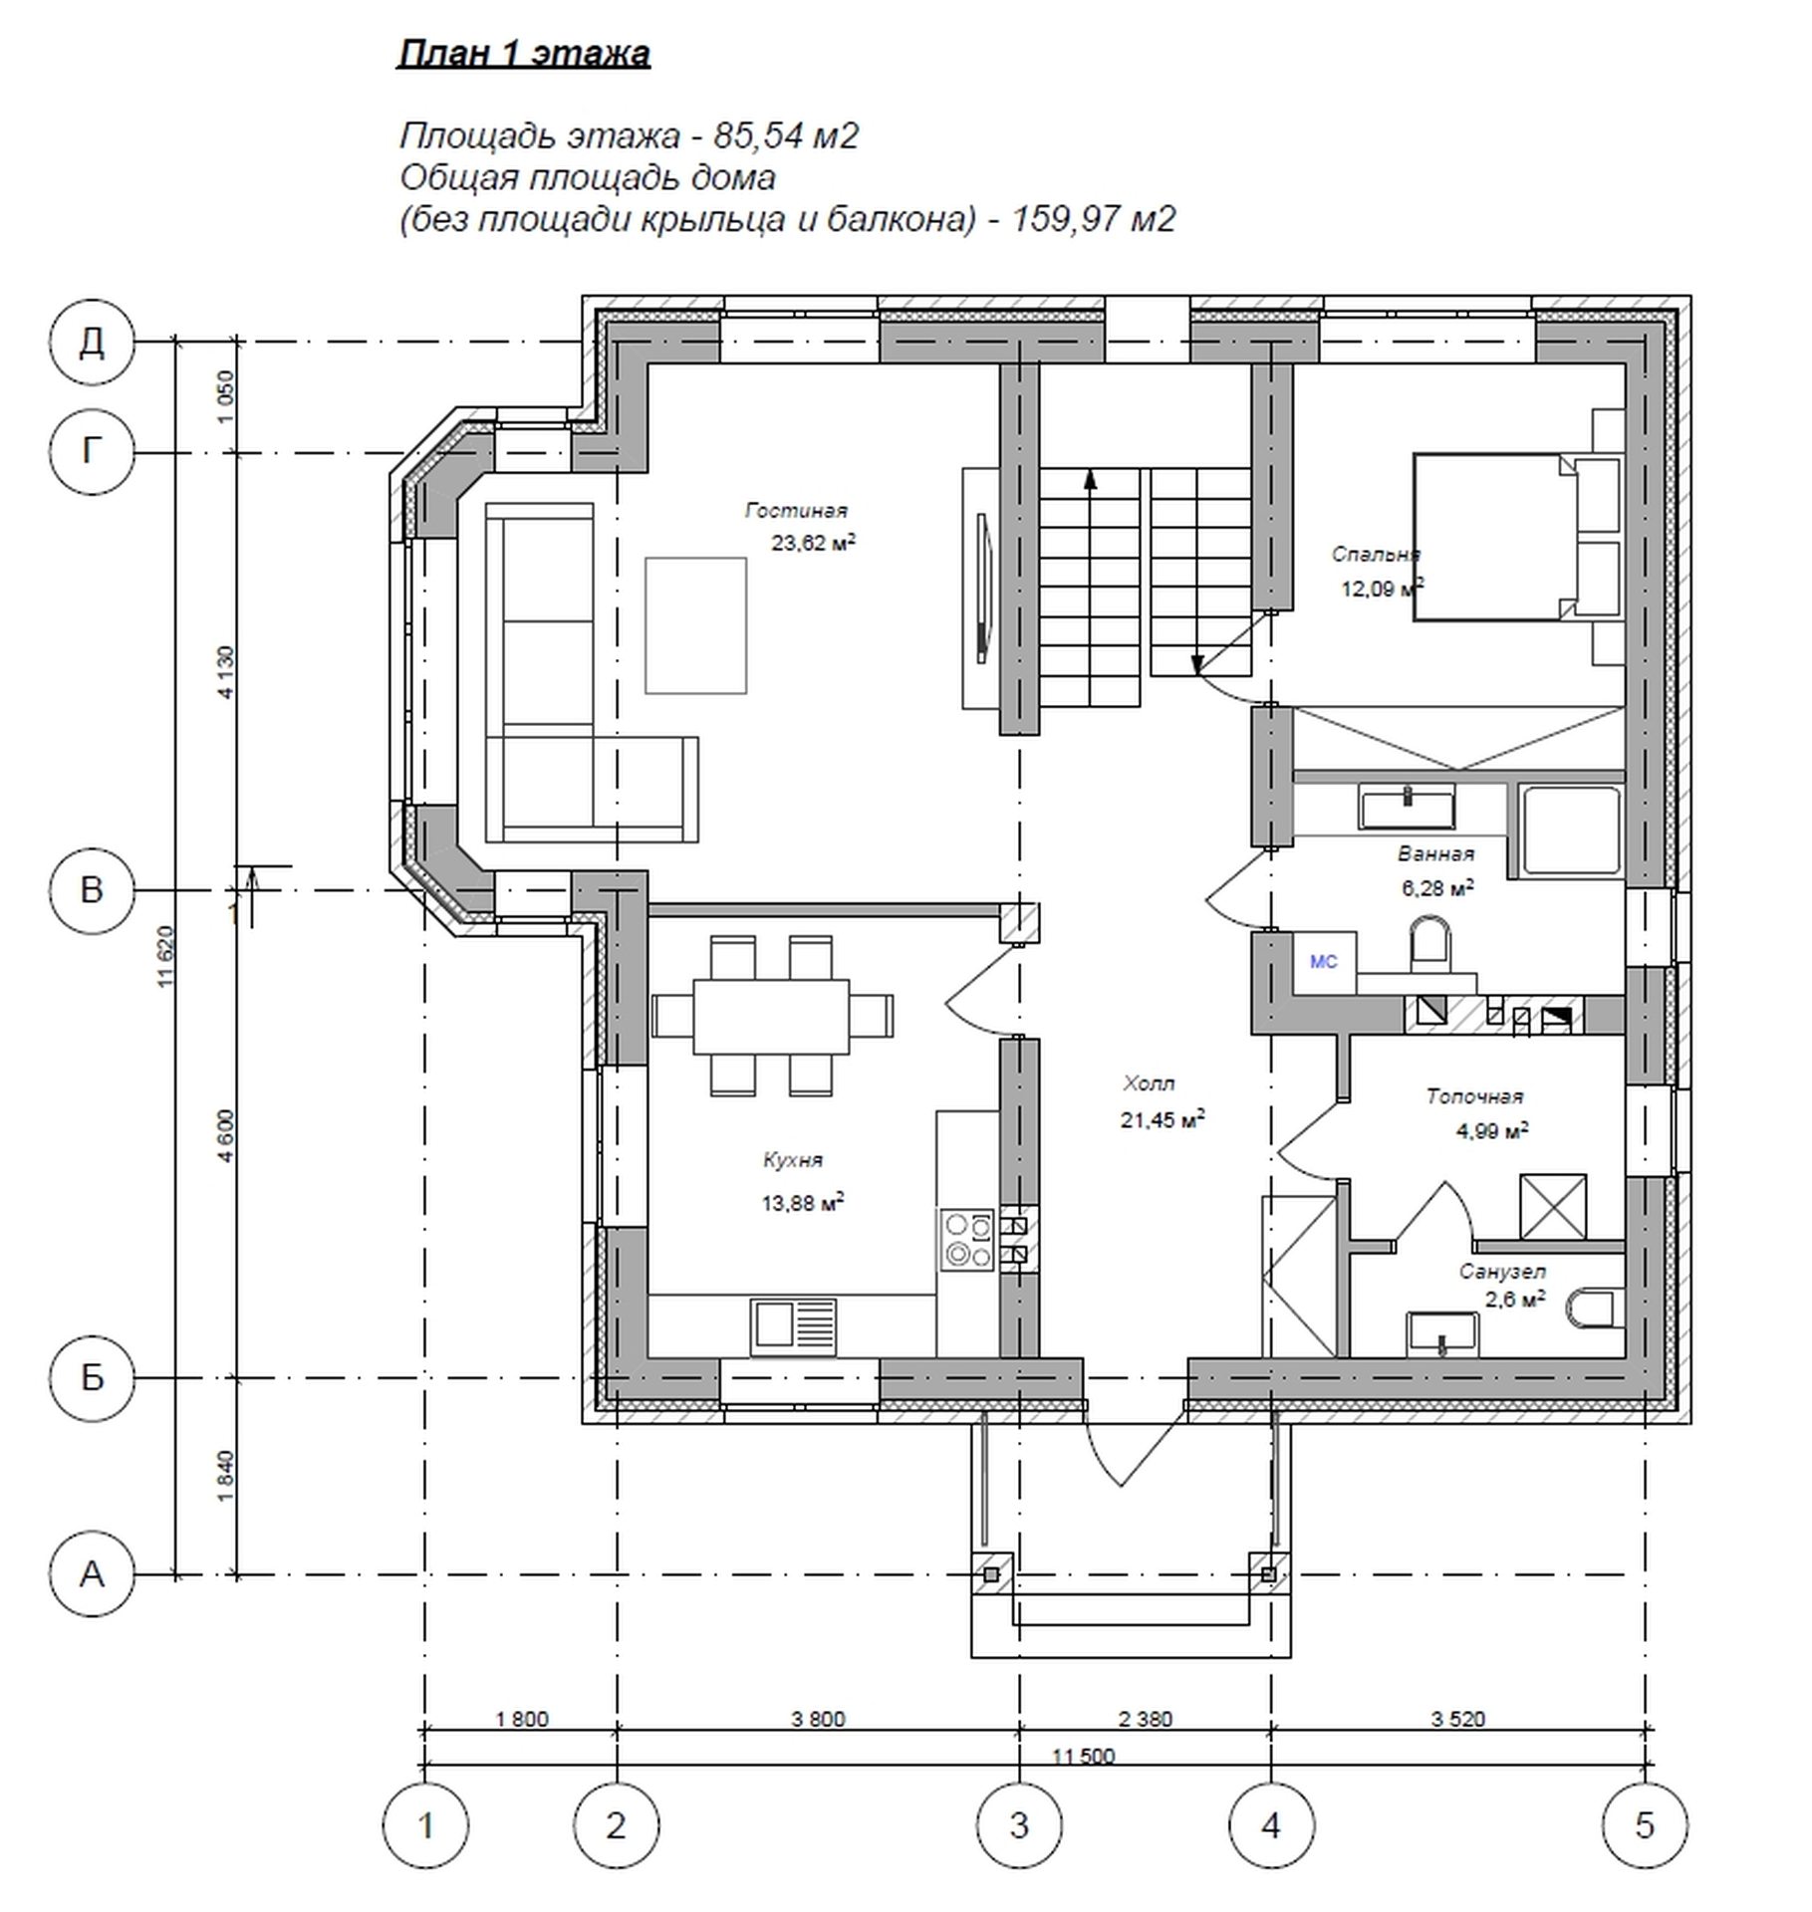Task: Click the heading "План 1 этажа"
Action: point(524,54)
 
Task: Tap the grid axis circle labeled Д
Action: point(92,343)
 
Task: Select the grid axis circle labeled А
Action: point(92,1575)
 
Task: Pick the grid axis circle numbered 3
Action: point(1019,1825)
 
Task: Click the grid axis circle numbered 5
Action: point(1645,1825)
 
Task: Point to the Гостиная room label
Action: point(796,511)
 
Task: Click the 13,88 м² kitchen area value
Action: point(803,1203)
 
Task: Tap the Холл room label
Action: point(1149,1082)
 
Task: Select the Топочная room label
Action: point(1474,1096)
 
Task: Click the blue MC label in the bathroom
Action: point(1323,962)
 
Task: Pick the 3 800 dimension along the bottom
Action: point(818,1719)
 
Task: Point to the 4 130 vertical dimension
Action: point(227,672)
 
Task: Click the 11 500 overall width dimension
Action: point(1083,1756)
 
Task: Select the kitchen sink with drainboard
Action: point(793,1326)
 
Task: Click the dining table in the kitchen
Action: point(772,1016)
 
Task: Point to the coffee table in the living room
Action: point(695,625)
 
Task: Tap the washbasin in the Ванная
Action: point(1407,806)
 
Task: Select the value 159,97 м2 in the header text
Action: point(1094,218)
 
